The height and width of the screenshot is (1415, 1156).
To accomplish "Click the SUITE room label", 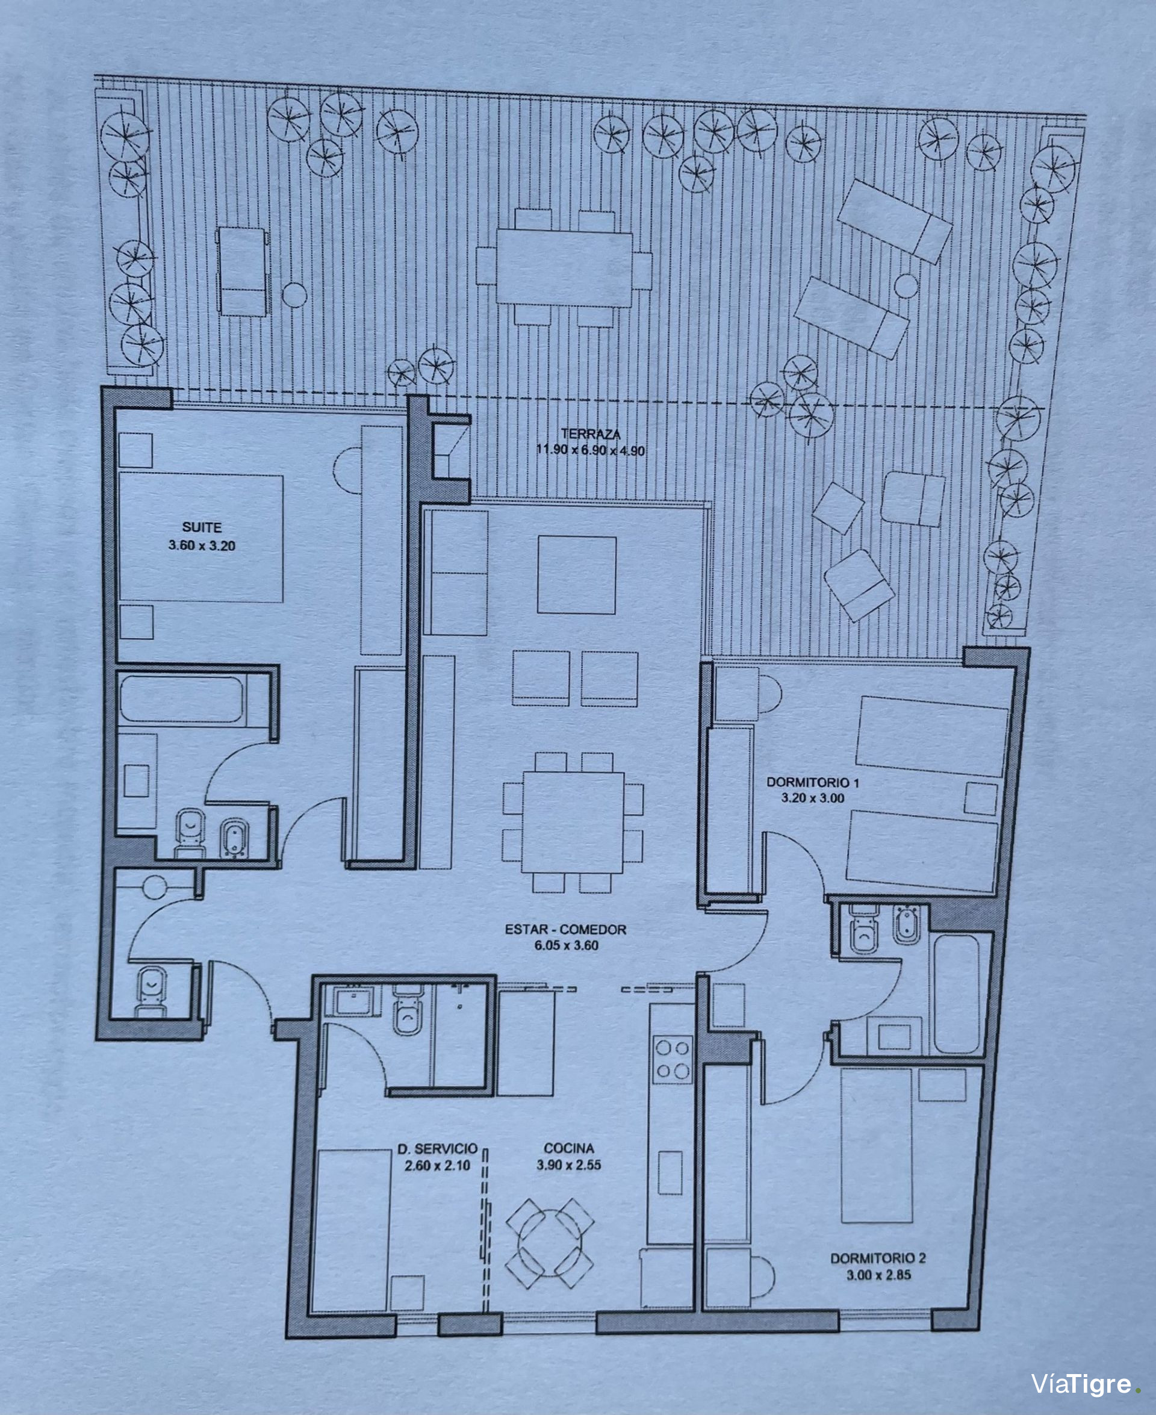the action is [202, 527].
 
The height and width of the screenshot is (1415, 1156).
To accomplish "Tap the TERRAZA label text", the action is [591, 434].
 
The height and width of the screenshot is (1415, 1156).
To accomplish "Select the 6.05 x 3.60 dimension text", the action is [566, 945].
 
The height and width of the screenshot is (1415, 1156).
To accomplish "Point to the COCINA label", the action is [569, 1148].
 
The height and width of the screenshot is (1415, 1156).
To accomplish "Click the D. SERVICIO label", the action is [438, 1149].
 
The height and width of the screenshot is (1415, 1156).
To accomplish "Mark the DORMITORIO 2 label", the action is [878, 1258].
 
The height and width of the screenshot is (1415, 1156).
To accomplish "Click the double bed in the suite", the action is [200, 538].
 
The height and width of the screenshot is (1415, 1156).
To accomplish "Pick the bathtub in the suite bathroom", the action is [182, 699].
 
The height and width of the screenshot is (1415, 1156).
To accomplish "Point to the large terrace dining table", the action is [564, 268].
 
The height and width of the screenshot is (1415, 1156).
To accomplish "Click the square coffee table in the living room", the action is [577, 574].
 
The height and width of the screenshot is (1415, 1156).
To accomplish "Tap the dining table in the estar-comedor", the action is [573, 823].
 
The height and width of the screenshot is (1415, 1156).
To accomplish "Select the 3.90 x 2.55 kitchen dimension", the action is [569, 1165].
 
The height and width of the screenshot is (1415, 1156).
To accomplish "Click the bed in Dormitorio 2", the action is [876, 1146].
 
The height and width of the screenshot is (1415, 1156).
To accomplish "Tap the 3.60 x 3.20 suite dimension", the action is [202, 546].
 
